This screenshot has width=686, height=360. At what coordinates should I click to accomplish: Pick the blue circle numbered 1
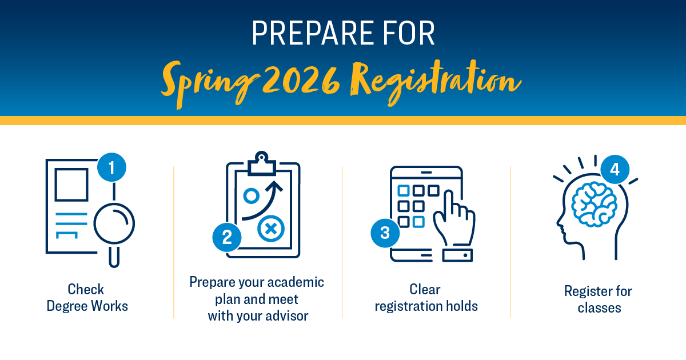111,167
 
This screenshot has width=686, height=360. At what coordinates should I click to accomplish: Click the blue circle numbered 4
614,169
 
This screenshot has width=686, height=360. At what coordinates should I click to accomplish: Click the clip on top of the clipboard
262,162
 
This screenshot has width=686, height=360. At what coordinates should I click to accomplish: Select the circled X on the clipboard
271,230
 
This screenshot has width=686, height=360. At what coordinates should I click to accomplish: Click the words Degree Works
87,306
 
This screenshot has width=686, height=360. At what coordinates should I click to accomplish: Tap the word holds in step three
461,306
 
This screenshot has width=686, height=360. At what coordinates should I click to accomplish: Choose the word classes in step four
599,308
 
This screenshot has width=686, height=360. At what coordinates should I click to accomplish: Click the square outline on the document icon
71,184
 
